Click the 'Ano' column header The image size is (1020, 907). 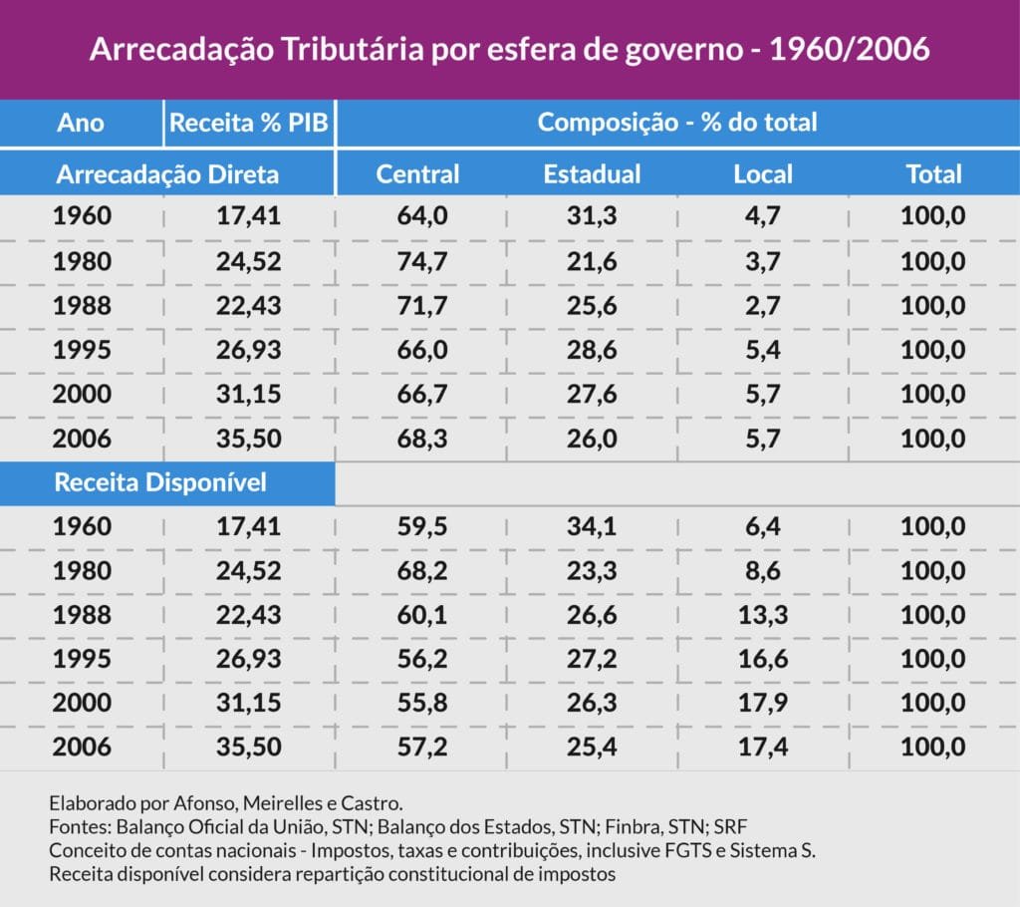click(x=81, y=123)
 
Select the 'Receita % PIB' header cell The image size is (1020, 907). click(x=249, y=123)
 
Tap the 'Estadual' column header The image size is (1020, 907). click(x=592, y=174)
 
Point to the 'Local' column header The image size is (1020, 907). click(x=763, y=174)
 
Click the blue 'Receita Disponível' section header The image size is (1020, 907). click(x=160, y=482)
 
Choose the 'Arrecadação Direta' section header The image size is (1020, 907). click(x=167, y=174)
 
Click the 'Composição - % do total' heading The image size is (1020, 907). click(x=677, y=123)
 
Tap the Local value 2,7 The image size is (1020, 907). click(x=765, y=305)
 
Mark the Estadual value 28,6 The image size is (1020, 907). click(x=593, y=350)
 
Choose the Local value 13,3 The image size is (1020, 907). click(x=763, y=615)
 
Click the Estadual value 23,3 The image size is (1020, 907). click(x=593, y=571)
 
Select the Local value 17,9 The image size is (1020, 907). click(x=763, y=703)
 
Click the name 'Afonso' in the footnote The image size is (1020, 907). click(x=175, y=802)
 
